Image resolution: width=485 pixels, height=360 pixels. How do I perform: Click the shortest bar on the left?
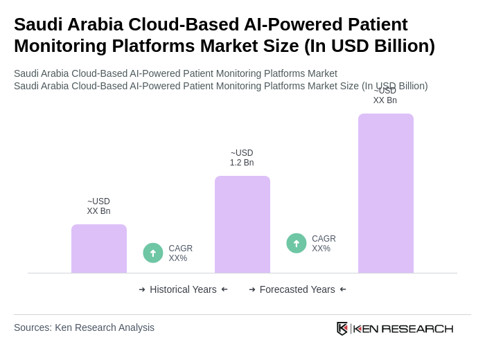99,249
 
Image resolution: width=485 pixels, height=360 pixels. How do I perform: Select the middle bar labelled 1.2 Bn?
242,224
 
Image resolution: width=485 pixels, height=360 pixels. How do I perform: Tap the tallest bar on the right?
386,193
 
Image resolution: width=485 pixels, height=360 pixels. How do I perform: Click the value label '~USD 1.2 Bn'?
242,158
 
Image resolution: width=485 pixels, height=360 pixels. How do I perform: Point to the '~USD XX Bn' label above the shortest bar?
98,206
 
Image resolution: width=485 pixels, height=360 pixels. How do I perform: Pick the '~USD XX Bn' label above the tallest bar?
385,96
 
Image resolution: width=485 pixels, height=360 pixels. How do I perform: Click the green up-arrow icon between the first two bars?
153,253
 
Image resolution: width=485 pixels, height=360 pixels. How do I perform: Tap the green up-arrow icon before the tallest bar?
297,244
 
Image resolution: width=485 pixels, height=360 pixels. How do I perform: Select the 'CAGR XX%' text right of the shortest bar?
180,253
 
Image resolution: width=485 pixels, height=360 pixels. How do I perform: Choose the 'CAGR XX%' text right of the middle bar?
324,244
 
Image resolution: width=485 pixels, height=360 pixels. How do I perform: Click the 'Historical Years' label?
183,289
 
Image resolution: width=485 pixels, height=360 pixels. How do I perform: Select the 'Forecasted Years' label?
297,289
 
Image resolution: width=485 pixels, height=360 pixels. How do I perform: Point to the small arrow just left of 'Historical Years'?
142,289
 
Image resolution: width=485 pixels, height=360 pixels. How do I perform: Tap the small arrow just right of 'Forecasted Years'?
343,289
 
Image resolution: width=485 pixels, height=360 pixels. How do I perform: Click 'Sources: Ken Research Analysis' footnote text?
84,327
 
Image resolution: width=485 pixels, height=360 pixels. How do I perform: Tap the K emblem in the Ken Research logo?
342,328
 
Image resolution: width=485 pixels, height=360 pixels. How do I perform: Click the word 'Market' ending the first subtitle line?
321,73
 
